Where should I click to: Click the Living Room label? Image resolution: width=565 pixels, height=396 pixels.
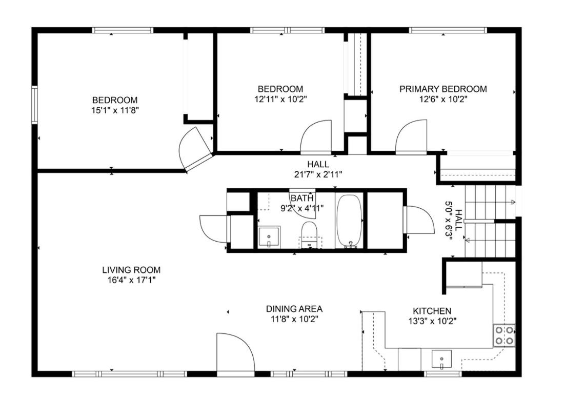(131, 270)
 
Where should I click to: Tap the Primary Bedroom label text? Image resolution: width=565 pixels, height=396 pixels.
(443, 89)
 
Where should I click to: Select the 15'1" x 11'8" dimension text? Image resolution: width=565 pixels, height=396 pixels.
(115, 110)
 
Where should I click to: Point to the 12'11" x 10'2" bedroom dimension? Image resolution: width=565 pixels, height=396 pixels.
(280, 99)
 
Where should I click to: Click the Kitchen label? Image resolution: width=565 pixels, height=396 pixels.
(432, 311)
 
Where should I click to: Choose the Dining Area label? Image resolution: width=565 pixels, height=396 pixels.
(294, 309)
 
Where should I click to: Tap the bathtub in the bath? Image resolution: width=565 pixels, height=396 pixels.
(349, 221)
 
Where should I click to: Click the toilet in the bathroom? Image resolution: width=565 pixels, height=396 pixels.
(309, 234)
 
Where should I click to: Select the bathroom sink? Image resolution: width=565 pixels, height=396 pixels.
(269, 237)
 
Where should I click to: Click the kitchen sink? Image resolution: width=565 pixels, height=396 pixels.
(442, 360)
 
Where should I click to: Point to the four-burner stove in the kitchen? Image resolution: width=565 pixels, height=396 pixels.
(504, 335)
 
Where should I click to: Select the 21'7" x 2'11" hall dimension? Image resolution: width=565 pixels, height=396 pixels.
(318, 174)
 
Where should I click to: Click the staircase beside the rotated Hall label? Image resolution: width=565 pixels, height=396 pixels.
(491, 221)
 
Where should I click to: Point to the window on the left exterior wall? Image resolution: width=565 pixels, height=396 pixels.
(34, 105)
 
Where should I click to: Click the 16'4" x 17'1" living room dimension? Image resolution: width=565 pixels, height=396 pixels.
(131, 280)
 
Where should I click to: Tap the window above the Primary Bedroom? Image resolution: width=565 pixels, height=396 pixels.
(448, 30)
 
